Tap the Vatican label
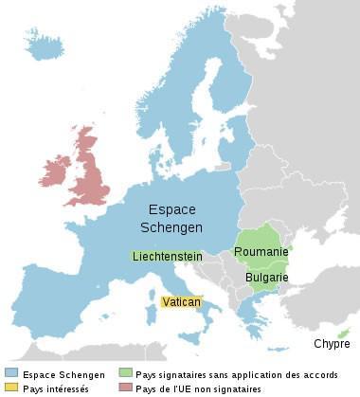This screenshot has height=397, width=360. coord(180,301)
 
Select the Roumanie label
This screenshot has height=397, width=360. coord(261,252)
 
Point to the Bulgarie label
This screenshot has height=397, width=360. coord(266,278)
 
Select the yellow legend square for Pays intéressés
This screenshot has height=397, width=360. coord(10,388)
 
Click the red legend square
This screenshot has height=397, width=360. coord(125,388)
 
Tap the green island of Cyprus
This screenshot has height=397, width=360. coord(343,331)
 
